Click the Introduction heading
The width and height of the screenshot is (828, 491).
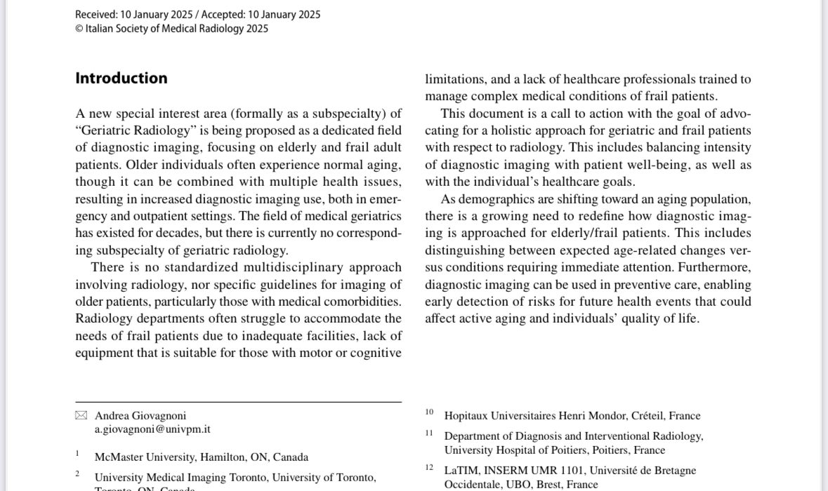[121, 78]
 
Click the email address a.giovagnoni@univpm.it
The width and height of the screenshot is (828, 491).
[153, 429]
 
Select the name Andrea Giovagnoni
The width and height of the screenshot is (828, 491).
[140, 415]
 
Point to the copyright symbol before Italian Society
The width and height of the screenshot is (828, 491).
[79, 29]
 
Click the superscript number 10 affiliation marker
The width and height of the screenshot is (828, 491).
[429, 412]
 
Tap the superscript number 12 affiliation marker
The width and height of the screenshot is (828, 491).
[429, 467]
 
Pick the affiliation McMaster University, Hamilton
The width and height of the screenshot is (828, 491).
[201, 457]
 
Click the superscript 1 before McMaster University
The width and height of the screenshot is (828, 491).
[77, 454]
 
